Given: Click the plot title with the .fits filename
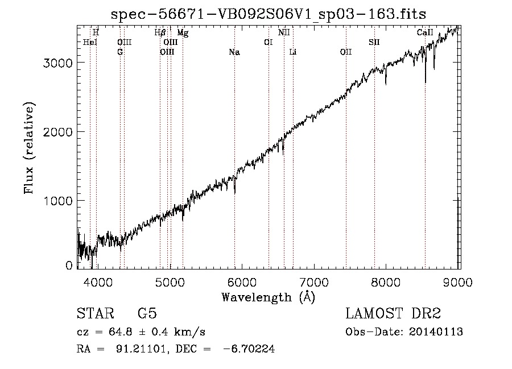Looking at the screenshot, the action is tap(269, 14).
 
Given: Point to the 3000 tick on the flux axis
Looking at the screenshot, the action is tap(57, 63).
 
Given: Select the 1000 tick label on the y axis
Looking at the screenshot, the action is tap(57, 201).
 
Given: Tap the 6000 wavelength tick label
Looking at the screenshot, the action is tap(242, 282).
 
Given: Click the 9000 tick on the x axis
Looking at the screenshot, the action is tap(458, 282).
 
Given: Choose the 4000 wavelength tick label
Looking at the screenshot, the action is tap(98, 282).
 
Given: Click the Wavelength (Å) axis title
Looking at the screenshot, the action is tap(269, 297).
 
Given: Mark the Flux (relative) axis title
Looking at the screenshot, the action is tap(29, 148).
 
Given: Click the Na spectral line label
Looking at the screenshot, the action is tap(234, 52).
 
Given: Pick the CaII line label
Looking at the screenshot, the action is tap(425, 32).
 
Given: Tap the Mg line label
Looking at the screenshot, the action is tap(183, 33).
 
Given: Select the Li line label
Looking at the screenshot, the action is tap(293, 52).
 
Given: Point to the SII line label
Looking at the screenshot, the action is tap(374, 43).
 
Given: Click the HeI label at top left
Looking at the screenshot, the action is tap(90, 43).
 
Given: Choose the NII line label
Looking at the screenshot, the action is tap(284, 32).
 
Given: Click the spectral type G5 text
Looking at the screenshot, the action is tap(147, 313).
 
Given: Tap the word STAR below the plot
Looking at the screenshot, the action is tap(96, 313).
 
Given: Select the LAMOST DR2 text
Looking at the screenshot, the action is tap(393, 313).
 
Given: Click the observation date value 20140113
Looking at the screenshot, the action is tap(436, 332).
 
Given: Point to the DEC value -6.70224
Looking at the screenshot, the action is tap(249, 349).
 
